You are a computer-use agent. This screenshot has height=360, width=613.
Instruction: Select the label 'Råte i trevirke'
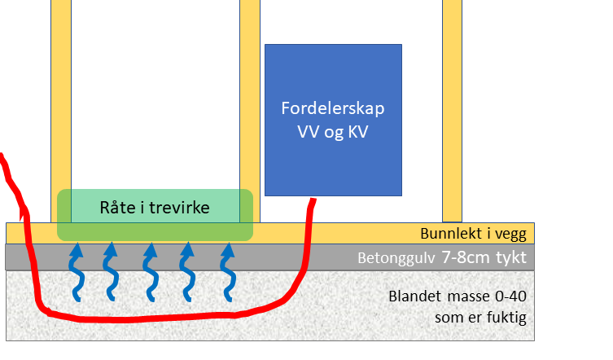pyautogui.click(x=155, y=208)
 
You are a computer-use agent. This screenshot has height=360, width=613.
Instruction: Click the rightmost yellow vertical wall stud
pyautogui.click(x=452, y=106)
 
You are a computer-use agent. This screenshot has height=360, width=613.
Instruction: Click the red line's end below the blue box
pyautogui.click(x=312, y=200)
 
